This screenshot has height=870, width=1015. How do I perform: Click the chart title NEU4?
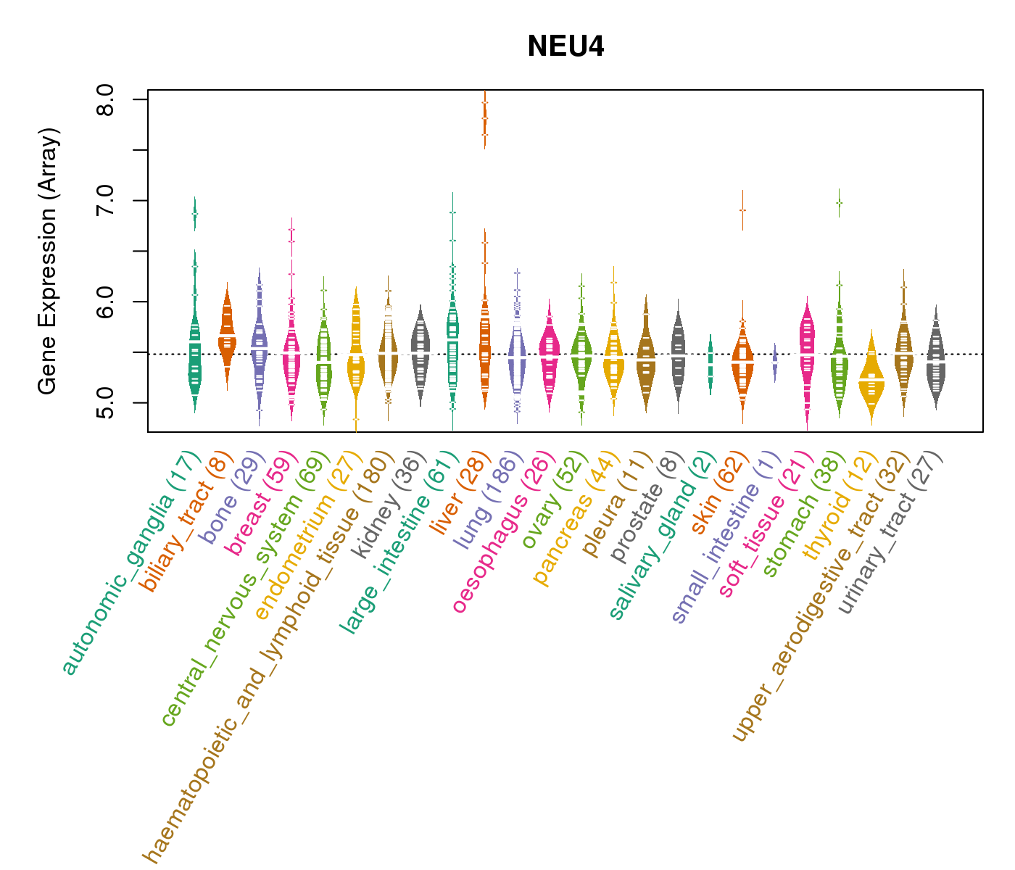565,46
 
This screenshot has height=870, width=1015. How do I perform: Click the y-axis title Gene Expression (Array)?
48,262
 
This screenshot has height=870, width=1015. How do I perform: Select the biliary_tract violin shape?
227,337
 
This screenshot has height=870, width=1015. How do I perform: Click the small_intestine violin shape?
775,360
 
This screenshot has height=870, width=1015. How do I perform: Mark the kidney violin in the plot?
420,355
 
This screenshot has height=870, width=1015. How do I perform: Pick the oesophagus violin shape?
550,355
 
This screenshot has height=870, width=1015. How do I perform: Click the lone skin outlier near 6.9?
742,210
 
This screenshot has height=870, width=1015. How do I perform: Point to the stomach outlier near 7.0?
839,203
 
